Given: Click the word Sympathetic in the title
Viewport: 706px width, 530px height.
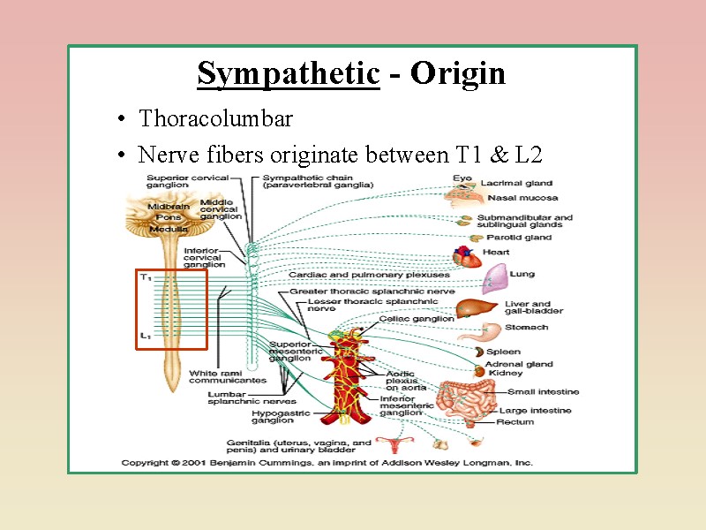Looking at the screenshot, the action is (x=288, y=73).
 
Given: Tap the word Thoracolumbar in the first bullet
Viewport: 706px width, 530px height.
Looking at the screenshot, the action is (x=215, y=118).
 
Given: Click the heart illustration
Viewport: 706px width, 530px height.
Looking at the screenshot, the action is (x=468, y=256).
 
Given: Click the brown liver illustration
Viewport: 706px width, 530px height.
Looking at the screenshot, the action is (x=477, y=308).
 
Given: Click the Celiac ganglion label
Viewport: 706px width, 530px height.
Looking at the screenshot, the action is (x=417, y=319).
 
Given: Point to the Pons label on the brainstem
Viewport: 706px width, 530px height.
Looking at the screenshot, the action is (x=168, y=217).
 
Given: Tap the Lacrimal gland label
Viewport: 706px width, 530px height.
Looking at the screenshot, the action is (x=516, y=184).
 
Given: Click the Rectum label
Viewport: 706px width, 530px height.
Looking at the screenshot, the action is (x=515, y=422).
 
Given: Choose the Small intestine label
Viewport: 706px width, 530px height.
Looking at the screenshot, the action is (x=543, y=392).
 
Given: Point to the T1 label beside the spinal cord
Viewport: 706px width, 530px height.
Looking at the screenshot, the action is (x=146, y=277).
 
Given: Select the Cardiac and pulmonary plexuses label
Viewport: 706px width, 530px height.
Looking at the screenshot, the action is (x=369, y=275).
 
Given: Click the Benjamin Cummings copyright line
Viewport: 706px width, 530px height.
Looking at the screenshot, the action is (x=327, y=462).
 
